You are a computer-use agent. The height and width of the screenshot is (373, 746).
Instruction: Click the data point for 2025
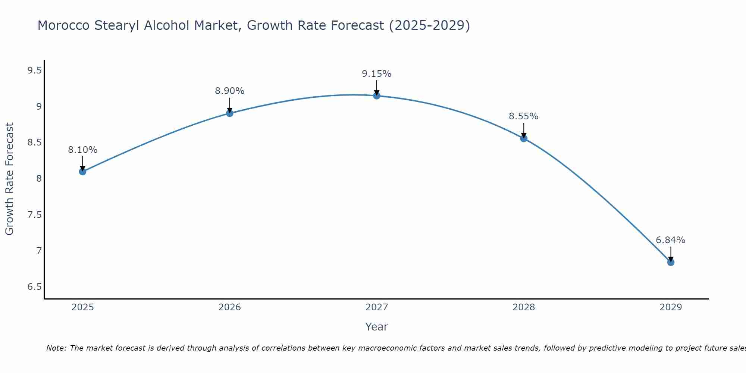82,172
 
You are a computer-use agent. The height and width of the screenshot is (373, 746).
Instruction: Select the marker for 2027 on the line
377,96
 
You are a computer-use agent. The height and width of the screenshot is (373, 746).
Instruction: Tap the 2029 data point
671,262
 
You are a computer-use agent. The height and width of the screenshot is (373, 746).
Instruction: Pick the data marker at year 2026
230,113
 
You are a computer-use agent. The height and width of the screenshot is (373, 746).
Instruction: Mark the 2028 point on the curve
524,138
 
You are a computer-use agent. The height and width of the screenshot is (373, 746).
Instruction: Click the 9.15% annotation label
377,74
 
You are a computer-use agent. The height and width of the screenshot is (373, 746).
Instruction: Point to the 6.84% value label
671,240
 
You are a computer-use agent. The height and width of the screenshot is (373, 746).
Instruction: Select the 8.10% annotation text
82,150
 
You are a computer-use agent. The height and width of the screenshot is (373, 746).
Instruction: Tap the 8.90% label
230,91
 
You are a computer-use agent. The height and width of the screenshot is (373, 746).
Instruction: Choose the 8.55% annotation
524,116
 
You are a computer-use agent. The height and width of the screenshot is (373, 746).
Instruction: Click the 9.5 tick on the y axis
34,70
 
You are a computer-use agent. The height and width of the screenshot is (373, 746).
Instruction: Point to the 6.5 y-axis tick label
34,286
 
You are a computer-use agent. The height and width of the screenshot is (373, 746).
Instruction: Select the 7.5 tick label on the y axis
34,214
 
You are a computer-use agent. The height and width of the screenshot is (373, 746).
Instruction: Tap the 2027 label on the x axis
377,307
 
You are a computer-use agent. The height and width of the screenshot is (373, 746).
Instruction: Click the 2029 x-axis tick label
671,307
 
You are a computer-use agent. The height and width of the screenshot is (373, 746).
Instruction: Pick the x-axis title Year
377,327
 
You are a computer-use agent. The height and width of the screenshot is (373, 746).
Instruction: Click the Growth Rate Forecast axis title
9,179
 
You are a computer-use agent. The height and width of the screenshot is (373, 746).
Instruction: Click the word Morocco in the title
64,25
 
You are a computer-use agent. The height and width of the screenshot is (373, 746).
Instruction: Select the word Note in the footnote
56,348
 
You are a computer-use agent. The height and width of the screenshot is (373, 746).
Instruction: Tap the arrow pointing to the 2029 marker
671,254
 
